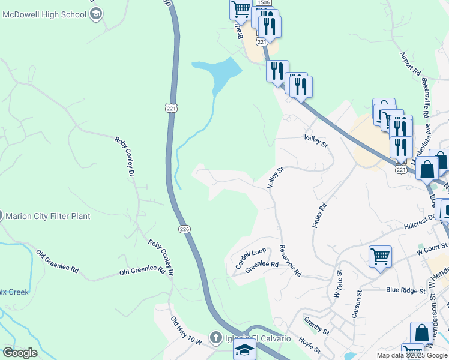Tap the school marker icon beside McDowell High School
(95, 14)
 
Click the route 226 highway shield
(184, 229)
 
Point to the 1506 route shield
(263, 3)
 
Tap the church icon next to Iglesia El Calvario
(215, 339)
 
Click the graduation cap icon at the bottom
(244, 350)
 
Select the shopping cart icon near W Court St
(380, 256)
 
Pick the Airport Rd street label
(411, 63)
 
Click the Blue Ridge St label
(405, 290)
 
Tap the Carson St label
(356, 307)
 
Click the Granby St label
(316, 326)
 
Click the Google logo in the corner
(19, 353)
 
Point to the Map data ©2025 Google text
(412, 355)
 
